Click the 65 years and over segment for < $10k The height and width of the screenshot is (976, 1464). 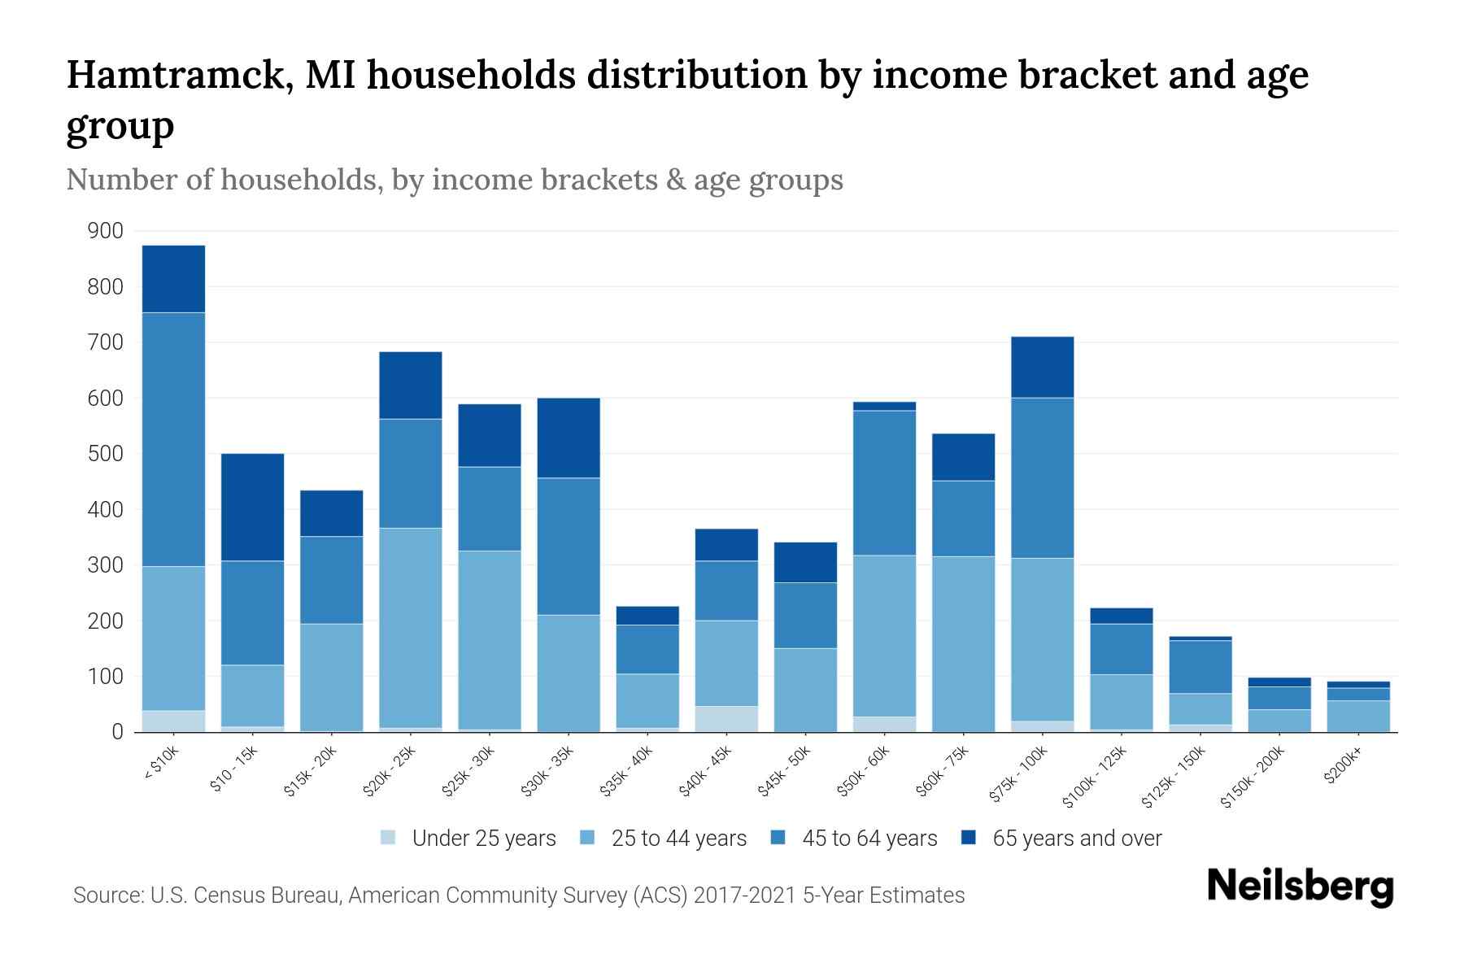pos(173,279)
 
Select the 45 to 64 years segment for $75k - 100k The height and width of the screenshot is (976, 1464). pos(1042,477)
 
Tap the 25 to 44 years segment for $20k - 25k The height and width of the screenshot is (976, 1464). pos(410,627)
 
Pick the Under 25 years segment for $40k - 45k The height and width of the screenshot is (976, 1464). pos(726,719)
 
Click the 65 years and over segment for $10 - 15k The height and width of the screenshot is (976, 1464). pos(252,507)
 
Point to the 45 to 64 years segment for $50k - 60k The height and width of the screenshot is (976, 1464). pos(884,482)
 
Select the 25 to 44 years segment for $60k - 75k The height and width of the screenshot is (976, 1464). pos(963,643)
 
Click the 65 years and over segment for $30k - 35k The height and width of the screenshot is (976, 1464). pos(569,438)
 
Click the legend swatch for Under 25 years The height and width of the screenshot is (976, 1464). pos(389,838)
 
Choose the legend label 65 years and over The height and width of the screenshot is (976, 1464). pos(1077,838)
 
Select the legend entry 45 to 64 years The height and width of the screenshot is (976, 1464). pos(869,838)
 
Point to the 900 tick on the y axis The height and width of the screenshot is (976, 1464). pos(106,231)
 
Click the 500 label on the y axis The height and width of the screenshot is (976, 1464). pos(106,454)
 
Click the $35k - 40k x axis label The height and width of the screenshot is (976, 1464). pos(626,772)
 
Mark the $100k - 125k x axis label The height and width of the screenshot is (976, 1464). pos(1095,777)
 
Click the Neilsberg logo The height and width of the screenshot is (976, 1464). pos(1300,887)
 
